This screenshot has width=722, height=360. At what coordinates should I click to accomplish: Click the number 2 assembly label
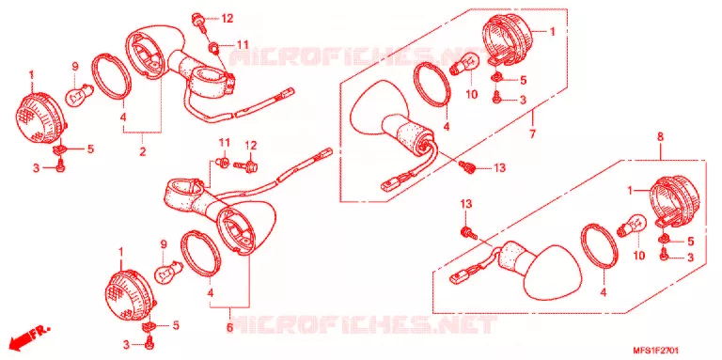[x=143, y=150]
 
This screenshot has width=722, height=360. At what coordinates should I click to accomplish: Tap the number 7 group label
[x=532, y=134]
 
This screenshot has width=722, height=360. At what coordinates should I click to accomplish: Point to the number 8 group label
[x=660, y=136]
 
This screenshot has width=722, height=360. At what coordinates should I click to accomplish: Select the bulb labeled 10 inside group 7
[x=465, y=65]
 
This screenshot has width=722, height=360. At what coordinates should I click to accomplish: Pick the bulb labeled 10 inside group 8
[x=635, y=226]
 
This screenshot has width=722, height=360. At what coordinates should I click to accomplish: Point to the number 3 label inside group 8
[x=690, y=258]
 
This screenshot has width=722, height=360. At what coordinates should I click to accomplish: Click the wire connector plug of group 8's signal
[x=456, y=277]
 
